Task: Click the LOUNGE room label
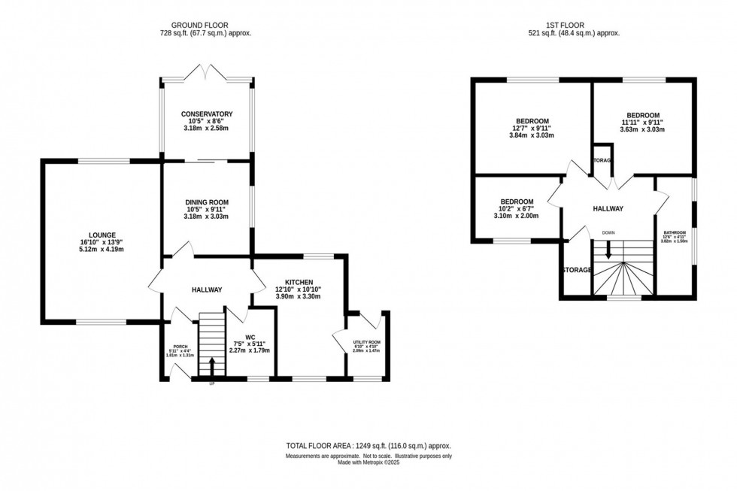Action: coord(101,235)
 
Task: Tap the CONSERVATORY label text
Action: coord(207,114)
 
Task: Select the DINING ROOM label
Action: coord(207,202)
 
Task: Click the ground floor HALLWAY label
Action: coord(206,289)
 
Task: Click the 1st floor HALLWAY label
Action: coord(608,208)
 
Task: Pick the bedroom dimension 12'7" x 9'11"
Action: coord(532,129)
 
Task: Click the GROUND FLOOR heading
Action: coord(205,24)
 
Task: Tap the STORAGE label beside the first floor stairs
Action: coord(576,269)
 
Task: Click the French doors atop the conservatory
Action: coord(205,73)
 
